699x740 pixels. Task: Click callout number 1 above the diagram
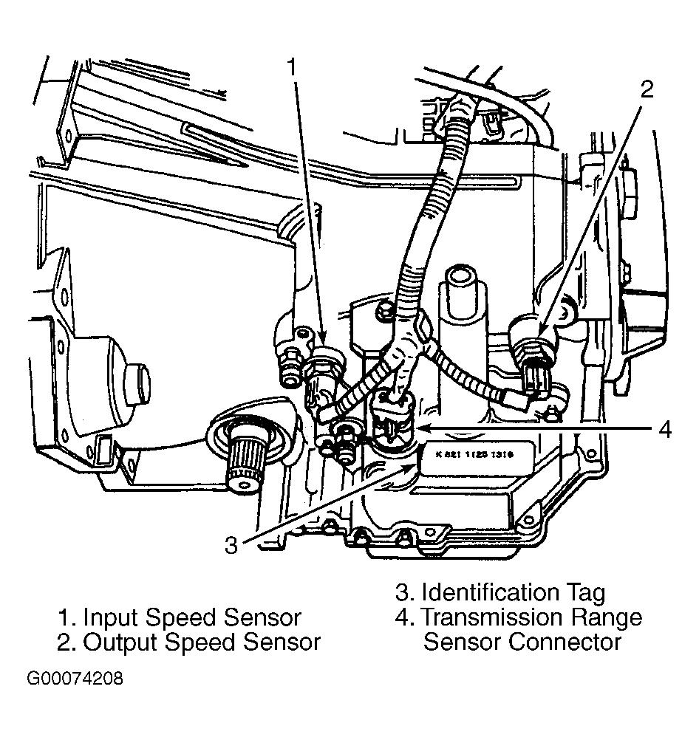[292, 67]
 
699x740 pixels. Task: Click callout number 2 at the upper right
[647, 89]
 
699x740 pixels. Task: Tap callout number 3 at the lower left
[231, 545]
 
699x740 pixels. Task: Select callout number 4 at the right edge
[665, 429]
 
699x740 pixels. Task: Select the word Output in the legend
[124, 642]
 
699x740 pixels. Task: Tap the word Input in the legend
[111, 617]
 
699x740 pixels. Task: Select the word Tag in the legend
[584, 592]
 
